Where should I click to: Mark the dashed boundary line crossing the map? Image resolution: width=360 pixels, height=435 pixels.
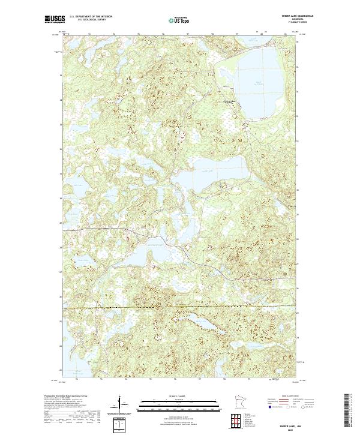click(180, 308)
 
